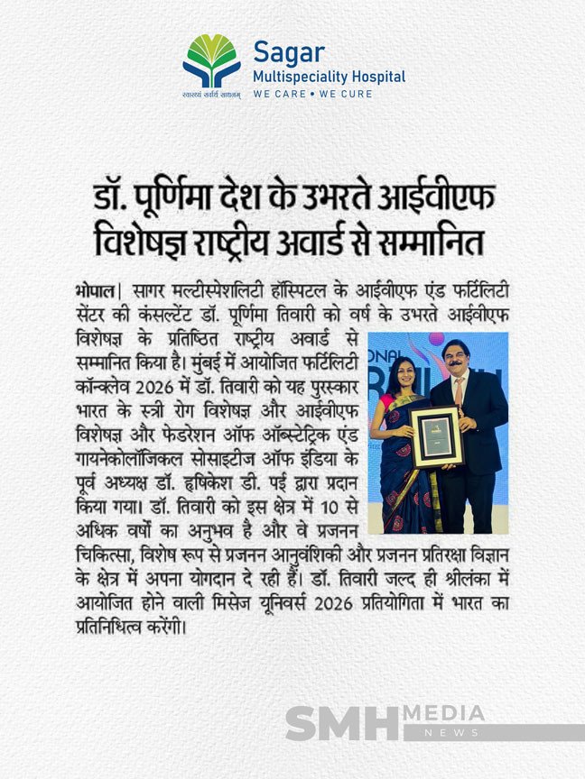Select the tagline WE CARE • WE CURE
pos(312,94)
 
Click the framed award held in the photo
pos(437,436)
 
